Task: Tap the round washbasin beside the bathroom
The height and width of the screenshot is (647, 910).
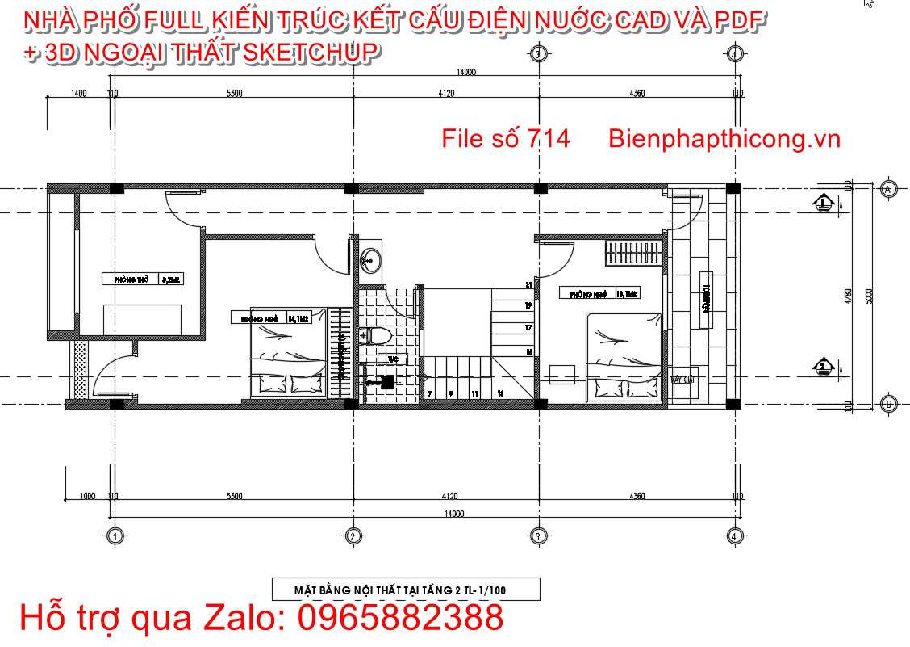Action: (370, 259)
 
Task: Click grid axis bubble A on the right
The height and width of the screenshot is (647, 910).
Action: (888, 188)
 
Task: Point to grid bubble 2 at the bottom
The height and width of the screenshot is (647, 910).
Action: (352, 536)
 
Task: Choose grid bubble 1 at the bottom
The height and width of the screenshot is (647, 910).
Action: (115, 536)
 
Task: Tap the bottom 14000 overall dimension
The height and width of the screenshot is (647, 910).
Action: (453, 514)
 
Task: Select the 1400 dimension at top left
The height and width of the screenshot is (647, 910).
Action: (78, 94)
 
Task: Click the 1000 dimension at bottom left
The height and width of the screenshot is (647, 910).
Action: (87, 496)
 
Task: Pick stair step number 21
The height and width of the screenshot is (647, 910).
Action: (528, 285)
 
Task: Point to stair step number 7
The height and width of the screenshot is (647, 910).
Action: (430, 394)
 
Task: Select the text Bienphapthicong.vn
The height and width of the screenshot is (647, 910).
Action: (724, 139)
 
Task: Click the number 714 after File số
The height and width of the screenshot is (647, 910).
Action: (549, 139)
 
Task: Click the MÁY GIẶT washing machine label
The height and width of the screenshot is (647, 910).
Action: (683, 380)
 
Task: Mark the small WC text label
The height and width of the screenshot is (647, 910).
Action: (394, 358)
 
